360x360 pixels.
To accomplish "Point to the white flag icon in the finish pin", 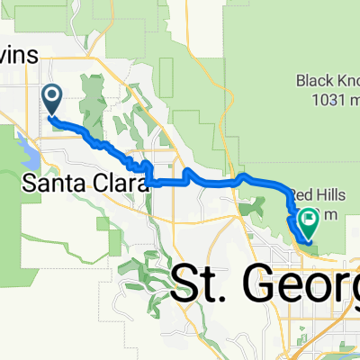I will (310, 216).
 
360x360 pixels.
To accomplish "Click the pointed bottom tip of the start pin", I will (51, 115).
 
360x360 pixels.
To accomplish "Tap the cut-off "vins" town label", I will (19, 56).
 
